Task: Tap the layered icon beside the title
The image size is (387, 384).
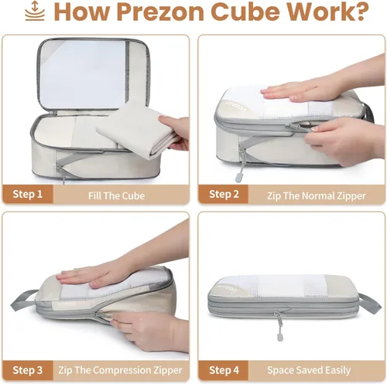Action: [35, 11]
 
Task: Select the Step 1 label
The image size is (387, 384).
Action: [27, 194]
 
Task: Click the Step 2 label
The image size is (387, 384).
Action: [224, 194]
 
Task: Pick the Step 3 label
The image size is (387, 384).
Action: [27, 370]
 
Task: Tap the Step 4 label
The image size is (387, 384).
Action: [224, 370]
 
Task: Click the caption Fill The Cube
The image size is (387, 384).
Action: [116, 195]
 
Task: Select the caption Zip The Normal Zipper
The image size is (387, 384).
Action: [317, 196]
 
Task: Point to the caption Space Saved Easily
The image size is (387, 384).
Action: [309, 370]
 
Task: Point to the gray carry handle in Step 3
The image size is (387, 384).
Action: [22, 300]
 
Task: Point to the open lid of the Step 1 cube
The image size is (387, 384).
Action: [94, 75]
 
